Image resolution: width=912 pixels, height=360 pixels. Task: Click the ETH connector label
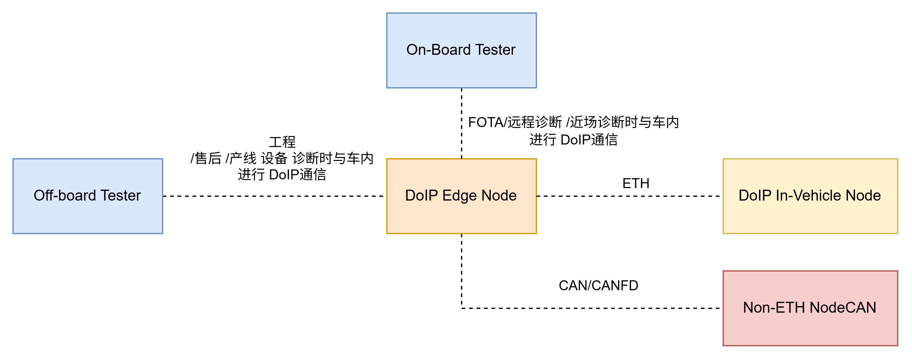click(636, 183)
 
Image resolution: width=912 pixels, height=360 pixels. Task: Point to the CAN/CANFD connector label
click(598, 285)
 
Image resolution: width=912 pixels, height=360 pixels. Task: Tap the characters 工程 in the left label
click(282, 142)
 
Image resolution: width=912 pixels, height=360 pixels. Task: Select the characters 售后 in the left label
click(208, 158)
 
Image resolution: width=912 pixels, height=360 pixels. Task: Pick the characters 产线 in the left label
click(243, 158)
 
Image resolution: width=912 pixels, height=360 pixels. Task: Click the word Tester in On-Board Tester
click(495, 50)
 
